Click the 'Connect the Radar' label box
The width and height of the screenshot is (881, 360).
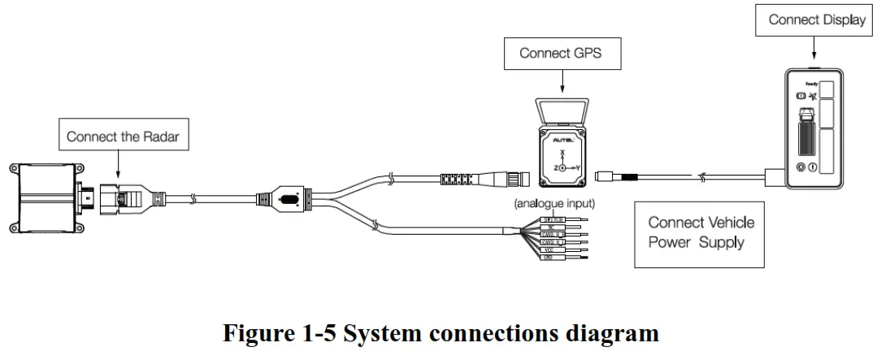coord(122,137)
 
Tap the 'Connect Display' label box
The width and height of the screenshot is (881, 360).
coord(817,20)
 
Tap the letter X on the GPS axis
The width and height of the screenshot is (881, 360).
coord(561,152)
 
